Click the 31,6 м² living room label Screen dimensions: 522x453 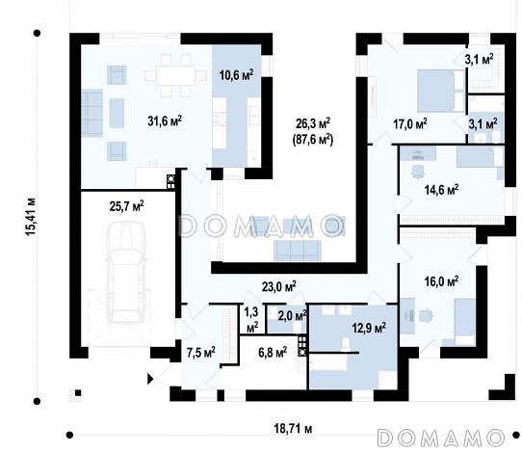click(x=165, y=121)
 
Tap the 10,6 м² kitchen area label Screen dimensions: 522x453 click(x=236, y=75)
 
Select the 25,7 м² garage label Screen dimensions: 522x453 click(x=127, y=206)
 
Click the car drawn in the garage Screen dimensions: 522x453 click(x=126, y=272)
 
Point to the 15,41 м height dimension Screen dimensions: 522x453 click(x=31, y=217)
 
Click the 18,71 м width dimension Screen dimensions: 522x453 click(x=294, y=428)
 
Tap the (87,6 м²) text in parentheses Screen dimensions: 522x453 click(x=313, y=141)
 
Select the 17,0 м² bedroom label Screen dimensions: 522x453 click(x=410, y=124)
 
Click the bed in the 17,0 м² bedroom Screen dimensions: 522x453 click(x=440, y=91)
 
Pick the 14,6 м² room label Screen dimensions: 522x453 click(x=441, y=190)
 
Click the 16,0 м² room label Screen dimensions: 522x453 click(x=441, y=281)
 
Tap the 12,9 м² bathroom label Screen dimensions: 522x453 click(x=369, y=328)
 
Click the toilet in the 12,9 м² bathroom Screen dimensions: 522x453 click(x=346, y=344)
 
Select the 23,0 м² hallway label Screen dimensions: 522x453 click(x=279, y=287)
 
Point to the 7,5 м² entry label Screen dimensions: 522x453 click(x=200, y=353)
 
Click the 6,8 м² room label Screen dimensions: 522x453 click(x=273, y=353)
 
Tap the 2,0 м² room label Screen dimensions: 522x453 click(x=292, y=315)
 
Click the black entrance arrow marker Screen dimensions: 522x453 click(x=150, y=379)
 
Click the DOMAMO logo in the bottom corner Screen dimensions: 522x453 click(x=441, y=438)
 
